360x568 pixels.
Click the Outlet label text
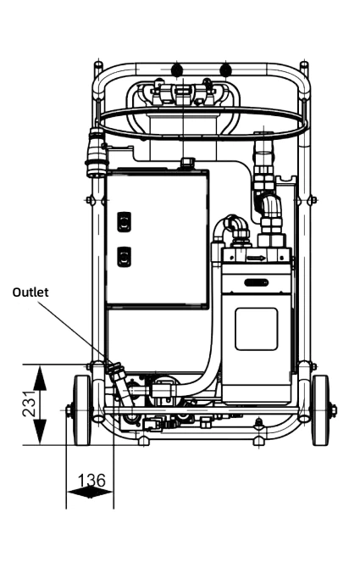(30, 292)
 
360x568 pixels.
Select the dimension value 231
(29, 404)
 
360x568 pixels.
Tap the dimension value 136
(91, 481)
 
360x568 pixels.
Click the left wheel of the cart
(82, 410)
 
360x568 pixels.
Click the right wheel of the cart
(320, 410)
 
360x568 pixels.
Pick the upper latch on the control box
(124, 221)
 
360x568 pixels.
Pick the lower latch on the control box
(124, 257)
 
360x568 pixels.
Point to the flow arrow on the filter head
(256, 259)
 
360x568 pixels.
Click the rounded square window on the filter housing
(256, 329)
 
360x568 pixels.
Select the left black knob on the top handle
(176, 69)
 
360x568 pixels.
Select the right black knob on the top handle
(225, 69)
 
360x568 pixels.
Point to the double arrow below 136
(90, 492)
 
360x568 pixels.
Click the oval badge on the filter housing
(256, 282)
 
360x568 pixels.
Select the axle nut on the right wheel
(334, 410)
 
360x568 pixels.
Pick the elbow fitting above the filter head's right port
(269, 206)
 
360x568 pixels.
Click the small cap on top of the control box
(187, 162)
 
